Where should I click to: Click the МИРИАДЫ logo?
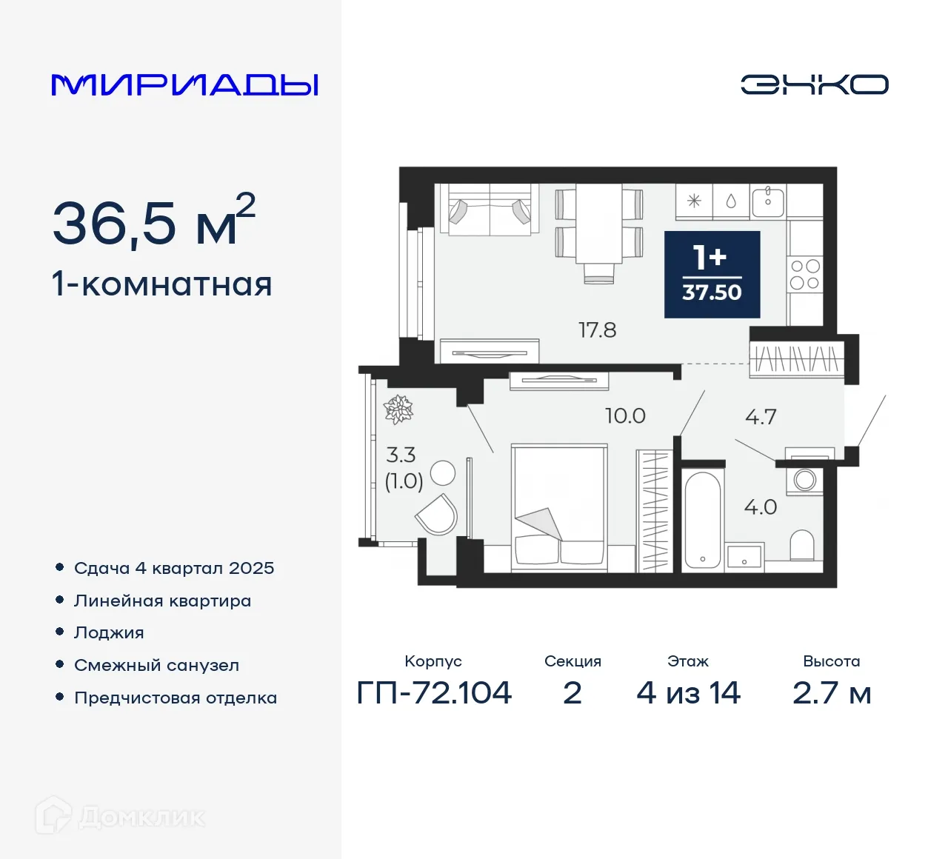coord(184,85)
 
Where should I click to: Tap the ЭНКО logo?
coord(814,84)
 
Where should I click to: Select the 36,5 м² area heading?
coord(153,221)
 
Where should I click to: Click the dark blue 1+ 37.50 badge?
coord(712,275)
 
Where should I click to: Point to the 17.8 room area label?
coord(597,330)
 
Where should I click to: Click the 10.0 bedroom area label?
coord(625,416)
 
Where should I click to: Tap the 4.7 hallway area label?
coord(761,418)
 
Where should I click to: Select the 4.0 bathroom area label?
coord(760,507)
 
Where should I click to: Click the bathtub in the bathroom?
coord(702,518)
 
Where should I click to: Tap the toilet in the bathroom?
coord(802,545)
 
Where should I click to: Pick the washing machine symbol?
coord(804,480)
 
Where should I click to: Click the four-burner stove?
coord(804,274)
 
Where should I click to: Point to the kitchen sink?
coord(768,201)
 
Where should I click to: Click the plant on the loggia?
coord(398,409)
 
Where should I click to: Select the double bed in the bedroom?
coord(559,507)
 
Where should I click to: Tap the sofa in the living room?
coord(490,210)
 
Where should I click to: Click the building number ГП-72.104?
coord(434,693)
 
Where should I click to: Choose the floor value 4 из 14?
coord(688,693)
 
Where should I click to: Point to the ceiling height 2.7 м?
coord(831,693)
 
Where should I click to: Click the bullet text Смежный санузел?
coord(156,665)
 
